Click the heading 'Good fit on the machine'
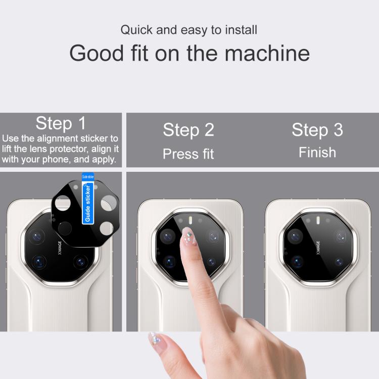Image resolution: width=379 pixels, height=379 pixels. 189,53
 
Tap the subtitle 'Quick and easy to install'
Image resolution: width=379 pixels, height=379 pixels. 189,30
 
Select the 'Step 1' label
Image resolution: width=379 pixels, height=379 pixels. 61,123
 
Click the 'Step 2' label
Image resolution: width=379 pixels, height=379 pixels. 188,130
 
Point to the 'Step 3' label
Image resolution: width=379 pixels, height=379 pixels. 317,130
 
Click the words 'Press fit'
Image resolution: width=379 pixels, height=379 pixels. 188,154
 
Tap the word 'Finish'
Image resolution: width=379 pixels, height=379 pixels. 317,152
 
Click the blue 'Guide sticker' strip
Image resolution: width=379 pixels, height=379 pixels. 88,199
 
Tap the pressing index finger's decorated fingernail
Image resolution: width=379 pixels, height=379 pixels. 188,236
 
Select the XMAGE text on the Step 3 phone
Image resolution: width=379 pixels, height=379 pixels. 318,248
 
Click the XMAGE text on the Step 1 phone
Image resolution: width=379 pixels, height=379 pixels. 60,248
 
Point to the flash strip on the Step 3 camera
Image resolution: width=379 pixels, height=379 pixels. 318,220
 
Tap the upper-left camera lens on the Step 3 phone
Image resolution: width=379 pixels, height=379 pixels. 295,236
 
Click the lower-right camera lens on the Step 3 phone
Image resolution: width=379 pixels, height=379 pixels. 339,262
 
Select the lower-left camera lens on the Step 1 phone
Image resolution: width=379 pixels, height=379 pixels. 39,262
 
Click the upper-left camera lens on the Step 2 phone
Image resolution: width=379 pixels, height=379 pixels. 167,236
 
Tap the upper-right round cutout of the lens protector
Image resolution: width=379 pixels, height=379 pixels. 109,203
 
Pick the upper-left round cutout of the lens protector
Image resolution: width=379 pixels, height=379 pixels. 63,203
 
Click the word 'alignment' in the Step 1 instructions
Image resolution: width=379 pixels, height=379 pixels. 58,138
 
